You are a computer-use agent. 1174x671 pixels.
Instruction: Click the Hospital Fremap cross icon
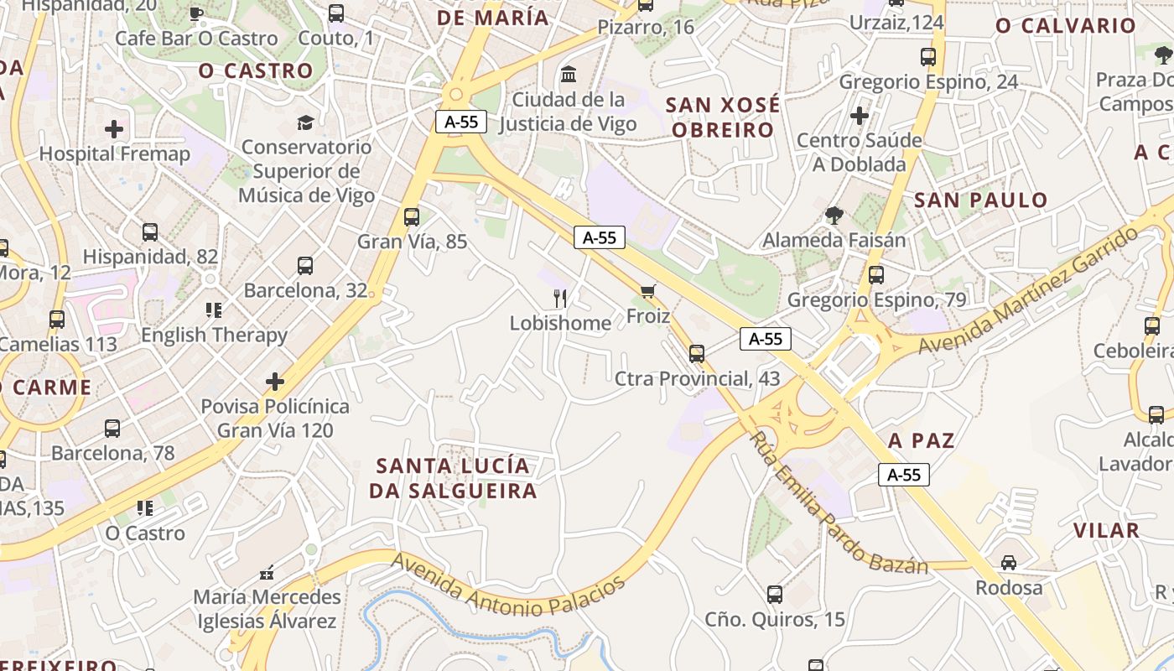[114, 129]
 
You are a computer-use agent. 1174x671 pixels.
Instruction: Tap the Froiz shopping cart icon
[647, 291]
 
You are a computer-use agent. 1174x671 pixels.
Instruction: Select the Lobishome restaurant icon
[560, 298]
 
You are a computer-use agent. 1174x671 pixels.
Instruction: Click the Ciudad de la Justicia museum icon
[569, 74]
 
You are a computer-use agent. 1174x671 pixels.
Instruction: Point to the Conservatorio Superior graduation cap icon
[305, 122]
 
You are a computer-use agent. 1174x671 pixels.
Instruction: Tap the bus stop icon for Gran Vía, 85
[411, 217]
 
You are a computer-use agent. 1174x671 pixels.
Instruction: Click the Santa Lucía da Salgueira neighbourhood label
[453, 478]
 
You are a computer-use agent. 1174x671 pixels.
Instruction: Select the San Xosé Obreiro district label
[722, 117]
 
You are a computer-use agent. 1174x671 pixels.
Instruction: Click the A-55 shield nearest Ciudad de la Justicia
[460, 122]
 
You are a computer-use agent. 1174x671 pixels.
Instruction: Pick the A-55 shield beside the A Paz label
[904, 475]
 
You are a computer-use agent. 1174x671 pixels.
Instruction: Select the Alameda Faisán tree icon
[834, 216]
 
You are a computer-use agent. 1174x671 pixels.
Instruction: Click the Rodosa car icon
[1008, 563]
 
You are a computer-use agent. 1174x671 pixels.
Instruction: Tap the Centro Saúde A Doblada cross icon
[859, 116]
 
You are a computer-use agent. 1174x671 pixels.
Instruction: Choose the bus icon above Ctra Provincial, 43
[696, 354]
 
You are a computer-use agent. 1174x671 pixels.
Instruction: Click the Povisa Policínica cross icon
[275, 382]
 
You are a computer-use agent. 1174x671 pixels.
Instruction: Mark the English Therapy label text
[214, 335]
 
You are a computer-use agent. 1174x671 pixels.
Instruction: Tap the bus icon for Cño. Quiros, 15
[774, 595]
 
